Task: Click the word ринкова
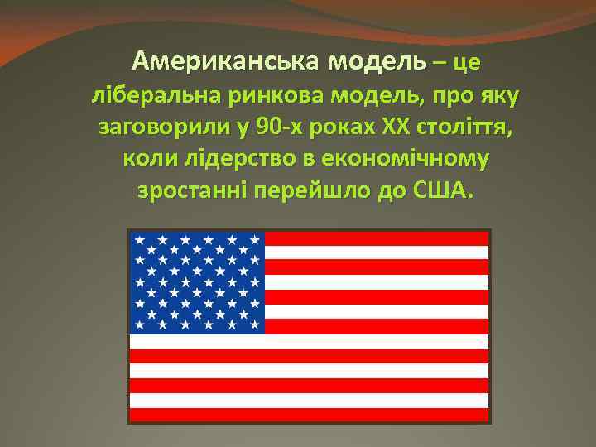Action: (x=266, y=96)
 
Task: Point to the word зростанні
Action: (x=180, y=190)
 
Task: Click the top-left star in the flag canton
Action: (x=141, y=239)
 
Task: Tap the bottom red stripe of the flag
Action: (x=309, y=416)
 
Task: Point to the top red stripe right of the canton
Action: (x=377, y=238)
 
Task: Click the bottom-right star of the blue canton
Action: (x=254, y=325)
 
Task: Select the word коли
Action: (x=147, y=159)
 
